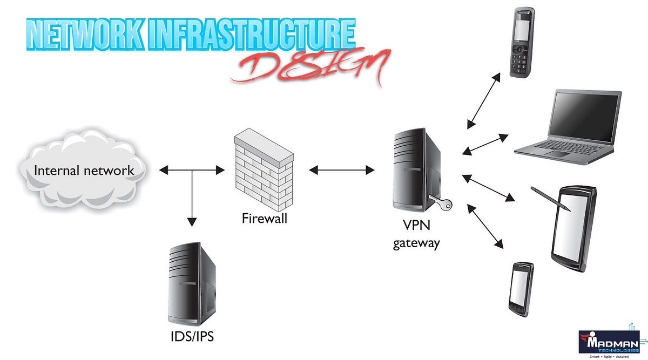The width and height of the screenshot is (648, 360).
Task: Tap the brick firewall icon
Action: coord(264,173)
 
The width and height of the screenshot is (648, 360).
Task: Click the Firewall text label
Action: coord(264,219)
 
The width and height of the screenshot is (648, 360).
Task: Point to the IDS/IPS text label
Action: coord(192,337)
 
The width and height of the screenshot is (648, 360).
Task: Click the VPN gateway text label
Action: coord(416,236)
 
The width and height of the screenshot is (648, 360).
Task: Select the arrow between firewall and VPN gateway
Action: coord(342,171)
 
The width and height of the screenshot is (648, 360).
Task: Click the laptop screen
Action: coord(585,116)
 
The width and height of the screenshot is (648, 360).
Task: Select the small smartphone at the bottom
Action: coord(521,289)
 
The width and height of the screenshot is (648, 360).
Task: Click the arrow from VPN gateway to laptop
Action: coord(486,144)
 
